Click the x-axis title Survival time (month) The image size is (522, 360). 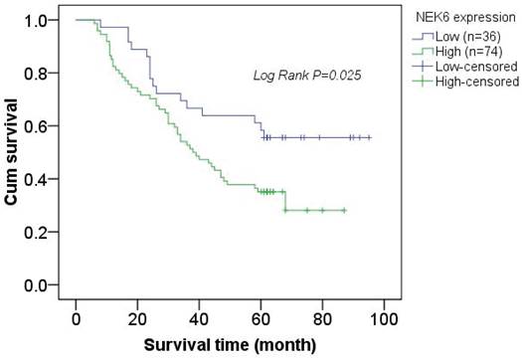coord(230,345)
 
